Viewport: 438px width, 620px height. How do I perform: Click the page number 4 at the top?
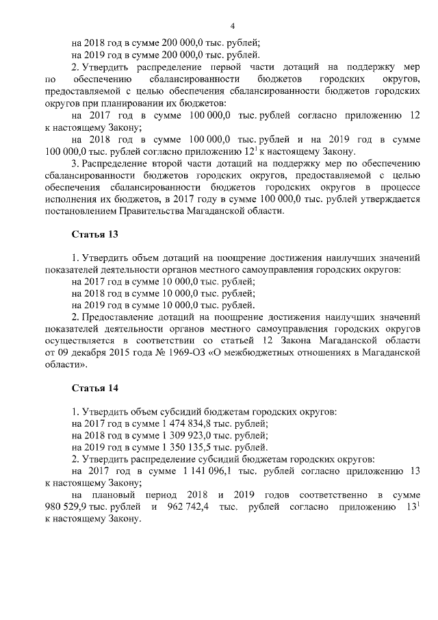233,26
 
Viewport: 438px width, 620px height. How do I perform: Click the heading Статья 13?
95,234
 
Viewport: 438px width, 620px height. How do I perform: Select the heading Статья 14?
95,388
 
